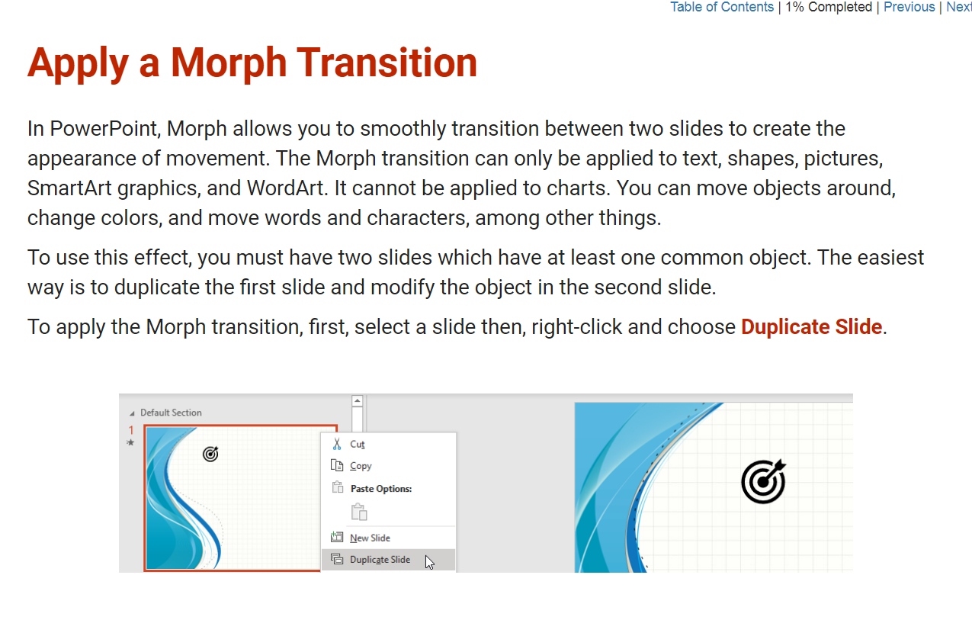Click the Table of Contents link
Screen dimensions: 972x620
coord(722,7)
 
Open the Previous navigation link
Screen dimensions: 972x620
coord(909,7)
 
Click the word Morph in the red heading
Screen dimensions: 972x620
coord(229,64)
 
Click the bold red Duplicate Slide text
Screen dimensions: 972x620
coord(811,327)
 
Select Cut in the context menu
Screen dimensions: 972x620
coord(357,444)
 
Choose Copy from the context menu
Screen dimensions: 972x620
coord(361,466)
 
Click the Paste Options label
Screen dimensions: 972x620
coord(381,489)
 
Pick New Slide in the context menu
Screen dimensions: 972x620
coord(370,538)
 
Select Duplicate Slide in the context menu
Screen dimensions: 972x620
coord(380,560)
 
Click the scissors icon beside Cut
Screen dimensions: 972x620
coord(337,444)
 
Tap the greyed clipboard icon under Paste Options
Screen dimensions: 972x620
coord(359,512)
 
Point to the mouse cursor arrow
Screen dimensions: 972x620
coord(429,562)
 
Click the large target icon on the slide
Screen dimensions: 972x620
coord(763,481)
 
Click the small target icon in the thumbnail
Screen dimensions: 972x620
coord(210,455)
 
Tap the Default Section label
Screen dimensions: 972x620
coord(171,413)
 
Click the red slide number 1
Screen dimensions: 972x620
coord(131,430)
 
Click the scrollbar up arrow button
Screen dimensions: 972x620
coord(357,400)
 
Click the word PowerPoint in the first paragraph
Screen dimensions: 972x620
coord(105,129)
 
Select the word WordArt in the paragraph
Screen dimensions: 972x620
coord(287,188)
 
